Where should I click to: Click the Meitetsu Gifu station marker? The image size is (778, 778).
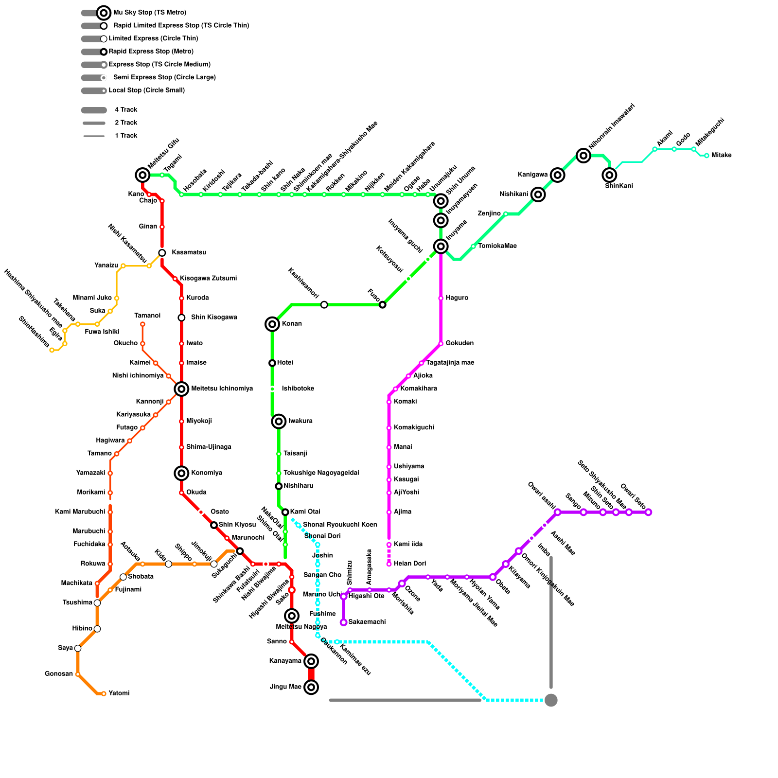pos(142,175)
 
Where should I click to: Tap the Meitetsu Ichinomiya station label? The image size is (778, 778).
pos(222,389)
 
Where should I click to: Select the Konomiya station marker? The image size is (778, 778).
pos(181,473)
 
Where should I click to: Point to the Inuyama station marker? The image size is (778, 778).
pos(441,247)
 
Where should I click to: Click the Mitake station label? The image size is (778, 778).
pos(721,156)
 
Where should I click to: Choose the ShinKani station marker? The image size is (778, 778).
pos(609,175)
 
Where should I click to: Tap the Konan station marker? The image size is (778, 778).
pos(272,324)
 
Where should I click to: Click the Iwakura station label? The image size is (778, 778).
pos(301,421)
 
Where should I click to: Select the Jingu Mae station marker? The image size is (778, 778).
pos(311,687)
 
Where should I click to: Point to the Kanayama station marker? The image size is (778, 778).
pos(311,661)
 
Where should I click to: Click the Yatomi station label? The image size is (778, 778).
pos(119,693)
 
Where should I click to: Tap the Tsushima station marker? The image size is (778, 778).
pos(97,603)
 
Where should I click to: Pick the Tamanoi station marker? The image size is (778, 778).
pos(142,324)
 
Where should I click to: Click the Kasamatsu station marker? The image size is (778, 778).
pos(162,253)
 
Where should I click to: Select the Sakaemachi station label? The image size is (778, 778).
pos(367,622)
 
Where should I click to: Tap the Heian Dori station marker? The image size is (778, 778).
pos(389,564)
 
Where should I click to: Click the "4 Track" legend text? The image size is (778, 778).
pos(126,110)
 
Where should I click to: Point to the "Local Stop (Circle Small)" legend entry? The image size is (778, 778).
pos(146,90)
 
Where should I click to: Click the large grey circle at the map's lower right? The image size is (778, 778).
pos(551,700)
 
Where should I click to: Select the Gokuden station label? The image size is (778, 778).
pos(460,343)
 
